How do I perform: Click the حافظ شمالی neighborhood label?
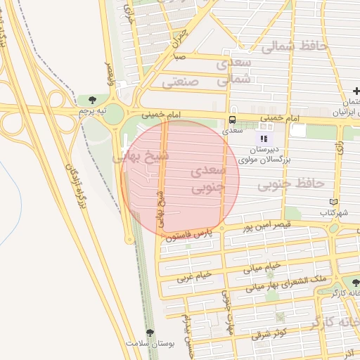click(294, 47)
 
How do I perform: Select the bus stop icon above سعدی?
click(232, 119)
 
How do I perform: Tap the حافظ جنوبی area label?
click(290, 184)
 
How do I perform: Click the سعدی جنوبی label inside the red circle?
click(208, 180)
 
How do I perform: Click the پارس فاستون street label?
click(190, 235)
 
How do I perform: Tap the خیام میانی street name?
click(262, 267)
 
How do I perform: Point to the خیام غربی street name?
click(194, 279)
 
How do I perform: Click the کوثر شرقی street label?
click(271, 333)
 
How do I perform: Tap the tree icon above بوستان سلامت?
click(149, 332)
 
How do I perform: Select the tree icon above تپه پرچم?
click(92, 99)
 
